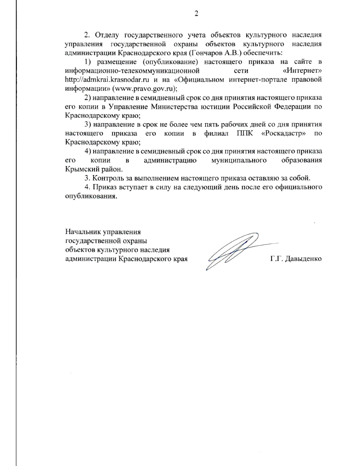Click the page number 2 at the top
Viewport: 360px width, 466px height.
point(196,14)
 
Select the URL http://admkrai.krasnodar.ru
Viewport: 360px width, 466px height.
point(107,80)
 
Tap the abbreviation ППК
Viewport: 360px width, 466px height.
point(245,133)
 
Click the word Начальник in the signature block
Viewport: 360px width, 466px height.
point(83,232)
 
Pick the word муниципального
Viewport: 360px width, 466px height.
point(239,160)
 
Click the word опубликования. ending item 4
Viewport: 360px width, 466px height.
point(91,197)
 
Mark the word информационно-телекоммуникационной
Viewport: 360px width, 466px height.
point(132,71)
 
